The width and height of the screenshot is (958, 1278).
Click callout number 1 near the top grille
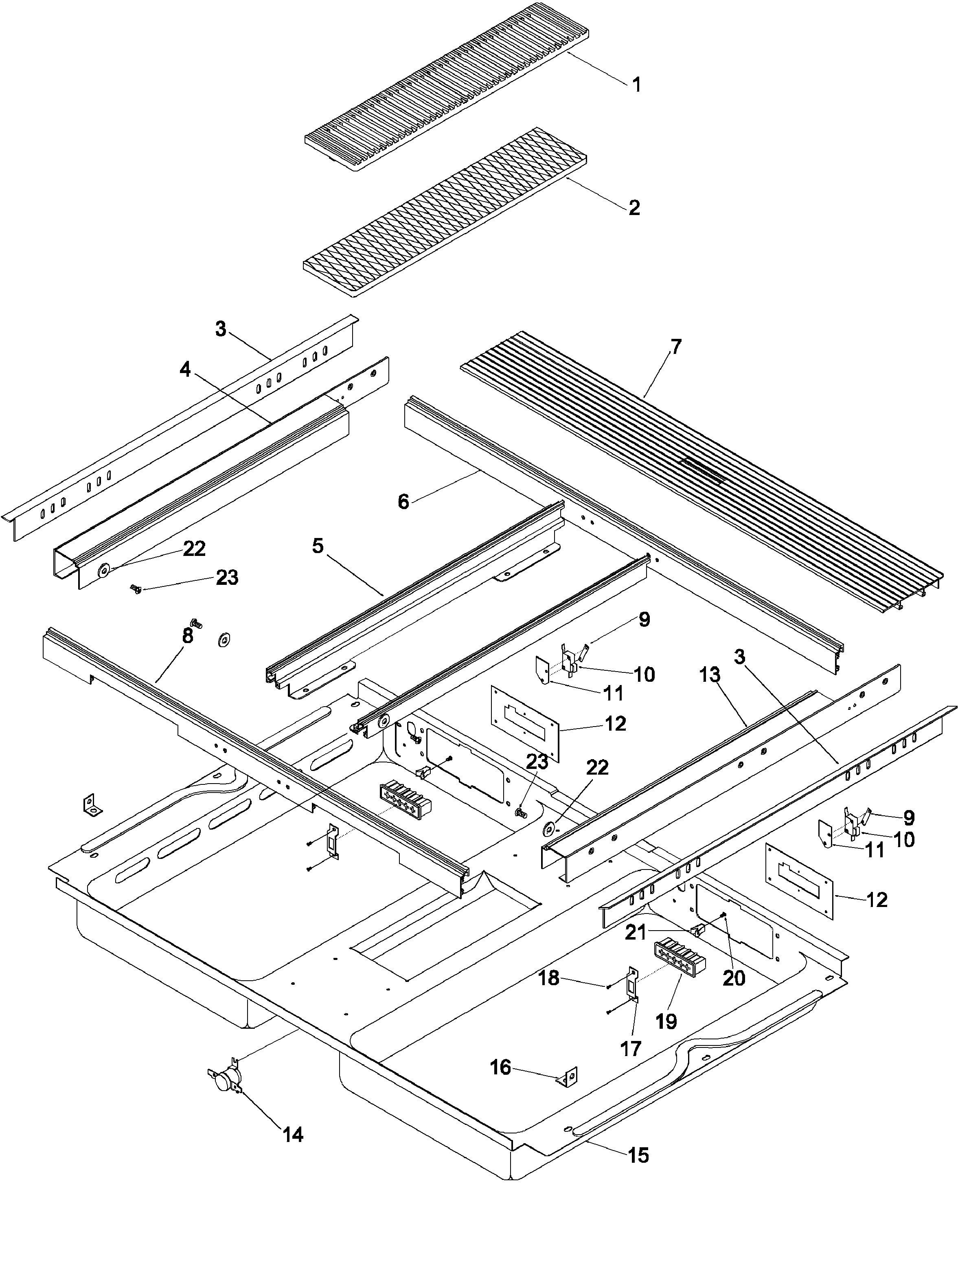(x=636, y=85)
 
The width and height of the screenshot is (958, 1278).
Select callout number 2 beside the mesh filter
(x=634, y=207)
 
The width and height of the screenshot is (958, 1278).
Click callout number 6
(x=403, y=501)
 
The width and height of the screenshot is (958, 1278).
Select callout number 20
(x=734, y=978)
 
